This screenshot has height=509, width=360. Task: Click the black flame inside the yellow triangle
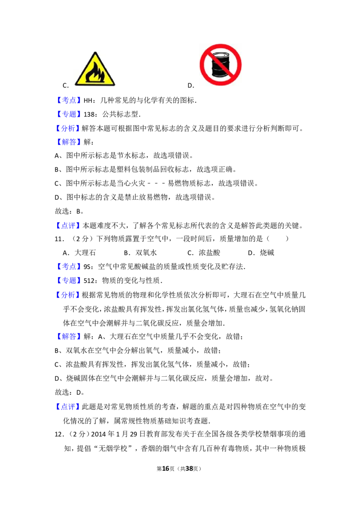pyautogui.click(x=95, y=73)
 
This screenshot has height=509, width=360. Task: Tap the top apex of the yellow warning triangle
pyautogui.click(x=95, y=53)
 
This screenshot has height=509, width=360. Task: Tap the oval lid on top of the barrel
pyautogui.click(x=220, y=56)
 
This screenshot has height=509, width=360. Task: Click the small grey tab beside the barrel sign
pyautogui.click(x=243, y=65)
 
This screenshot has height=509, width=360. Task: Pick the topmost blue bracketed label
pyautogui.click(x=69, y=99)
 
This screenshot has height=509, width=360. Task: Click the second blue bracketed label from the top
pyautogui.click(x=69, y=114)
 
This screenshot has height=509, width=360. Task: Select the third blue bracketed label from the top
pyautogui.click(x=67, y=128)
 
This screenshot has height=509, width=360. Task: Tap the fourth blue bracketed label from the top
pyautogui.click(x=69, y=143)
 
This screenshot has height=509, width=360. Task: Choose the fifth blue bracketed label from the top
pyautogui.click(x=67, y=225)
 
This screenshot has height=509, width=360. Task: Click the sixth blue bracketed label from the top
pyautogui.click(x=69, y=266)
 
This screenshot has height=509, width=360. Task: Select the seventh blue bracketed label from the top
pyautogui.click(x=69, y=280)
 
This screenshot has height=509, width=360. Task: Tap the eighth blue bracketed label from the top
pyautogui.click(x=67, y=295)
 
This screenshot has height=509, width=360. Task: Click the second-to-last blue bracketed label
pyautogui.click(x=69, y=336)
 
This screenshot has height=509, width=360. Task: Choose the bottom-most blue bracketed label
pyautogui.click(x=67, y=406)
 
